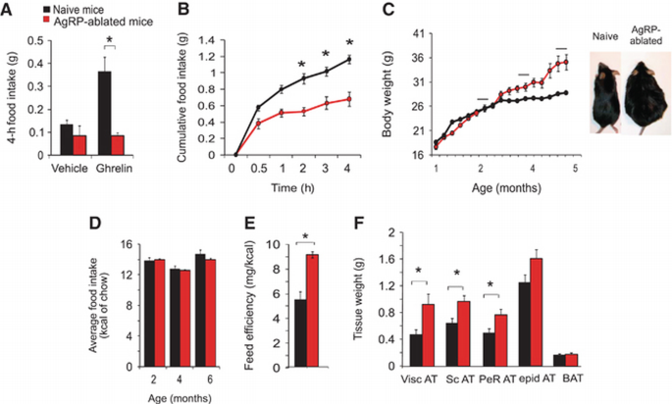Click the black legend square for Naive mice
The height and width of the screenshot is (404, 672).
(35, 7)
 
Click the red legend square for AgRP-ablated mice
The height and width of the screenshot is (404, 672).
(35, 20)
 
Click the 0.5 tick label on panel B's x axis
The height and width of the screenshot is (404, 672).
(257, 167)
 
